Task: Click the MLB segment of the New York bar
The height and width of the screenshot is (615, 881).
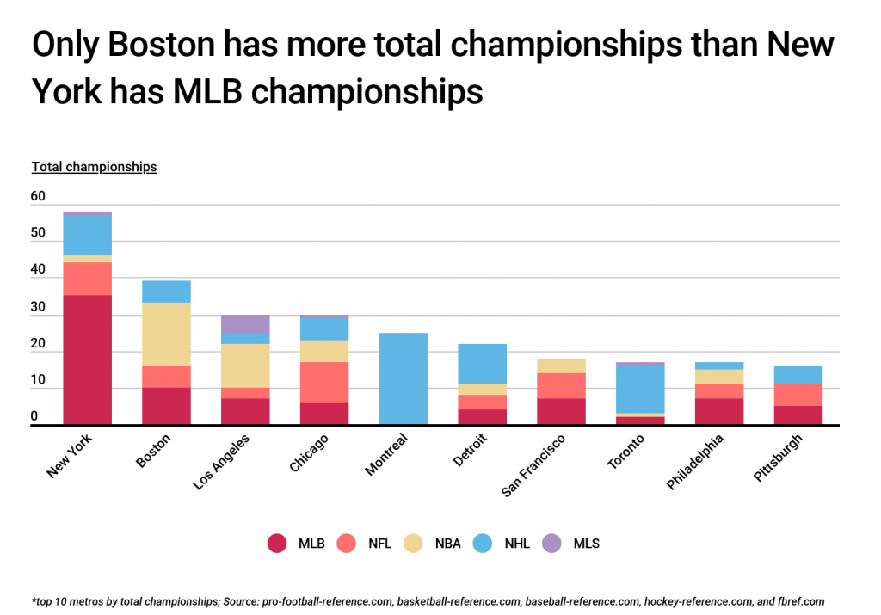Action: click(88, 360)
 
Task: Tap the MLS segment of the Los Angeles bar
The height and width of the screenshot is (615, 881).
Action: click(245, 323)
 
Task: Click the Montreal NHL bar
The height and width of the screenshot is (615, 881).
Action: click(404, 378)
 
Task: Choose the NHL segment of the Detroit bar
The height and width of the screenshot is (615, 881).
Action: click(483, 364)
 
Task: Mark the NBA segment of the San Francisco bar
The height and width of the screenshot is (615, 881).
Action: click(561, 366)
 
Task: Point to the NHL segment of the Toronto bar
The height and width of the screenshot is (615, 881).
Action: click(640, 390)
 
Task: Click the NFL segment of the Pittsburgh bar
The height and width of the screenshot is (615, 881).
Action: click(798, 395)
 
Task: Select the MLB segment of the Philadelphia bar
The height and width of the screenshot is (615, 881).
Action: click(719, 411)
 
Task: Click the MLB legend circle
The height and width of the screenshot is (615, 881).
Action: click(277, 543)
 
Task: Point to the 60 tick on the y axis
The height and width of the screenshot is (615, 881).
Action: click(39, 197)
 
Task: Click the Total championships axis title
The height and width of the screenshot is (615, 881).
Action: click(95, 167)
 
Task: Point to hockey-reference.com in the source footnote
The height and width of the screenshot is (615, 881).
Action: click(688, 601)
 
